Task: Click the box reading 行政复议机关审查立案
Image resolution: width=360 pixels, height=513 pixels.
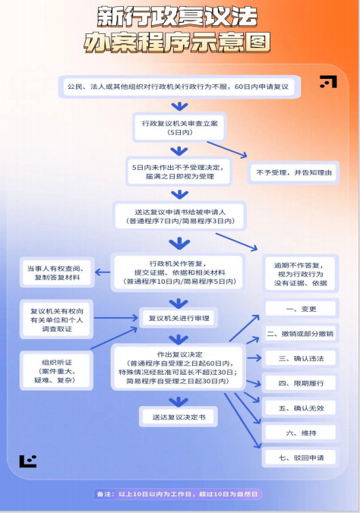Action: tap(179, 127)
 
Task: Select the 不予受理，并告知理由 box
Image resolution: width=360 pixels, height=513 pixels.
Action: tap(293, 172)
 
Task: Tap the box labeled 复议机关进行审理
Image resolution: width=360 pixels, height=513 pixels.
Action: tap(178, 318)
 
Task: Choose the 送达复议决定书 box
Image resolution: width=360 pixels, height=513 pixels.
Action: tap(178, 417)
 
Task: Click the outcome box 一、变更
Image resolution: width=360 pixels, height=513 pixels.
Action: tap(301, 309)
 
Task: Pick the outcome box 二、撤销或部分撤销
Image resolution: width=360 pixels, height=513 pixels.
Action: tap(301, 334)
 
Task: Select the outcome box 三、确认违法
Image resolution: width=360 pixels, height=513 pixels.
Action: tap(301, 358)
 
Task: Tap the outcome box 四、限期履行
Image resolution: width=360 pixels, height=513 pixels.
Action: tap(301, 383)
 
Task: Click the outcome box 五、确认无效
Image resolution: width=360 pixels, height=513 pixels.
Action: tap(301, 408)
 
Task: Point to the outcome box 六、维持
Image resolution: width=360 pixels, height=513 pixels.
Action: tap(301, 433)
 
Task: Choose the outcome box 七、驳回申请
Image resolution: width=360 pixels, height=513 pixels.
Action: tap(301, 458)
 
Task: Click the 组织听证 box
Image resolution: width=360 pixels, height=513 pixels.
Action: tap(57, 371)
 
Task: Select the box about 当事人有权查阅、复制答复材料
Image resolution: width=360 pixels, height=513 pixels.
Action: tap(57, 272)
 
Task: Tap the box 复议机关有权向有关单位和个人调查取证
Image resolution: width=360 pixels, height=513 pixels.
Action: tap(56, 319)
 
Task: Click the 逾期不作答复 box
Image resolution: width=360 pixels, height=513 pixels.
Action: tap(301, 274)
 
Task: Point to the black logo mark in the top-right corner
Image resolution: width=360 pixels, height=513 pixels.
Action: tap(329, 82)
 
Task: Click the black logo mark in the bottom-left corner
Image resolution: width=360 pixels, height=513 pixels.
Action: tap(28, 461)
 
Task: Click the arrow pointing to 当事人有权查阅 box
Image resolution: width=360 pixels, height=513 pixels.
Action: tap(103, 272)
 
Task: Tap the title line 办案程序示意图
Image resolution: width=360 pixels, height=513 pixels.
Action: tap(177, 42)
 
